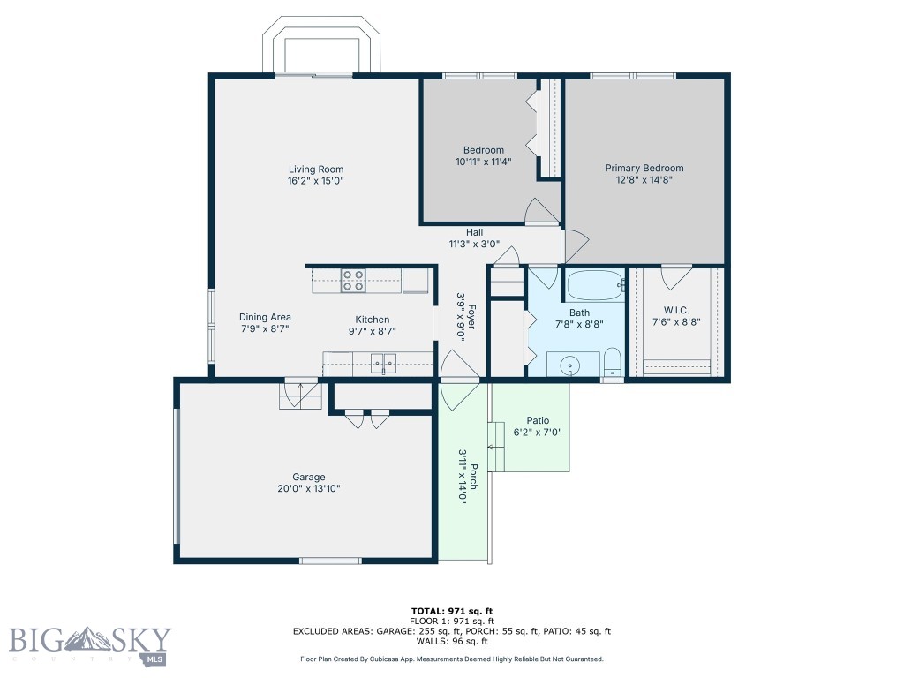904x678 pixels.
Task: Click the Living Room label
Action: click(316, 169)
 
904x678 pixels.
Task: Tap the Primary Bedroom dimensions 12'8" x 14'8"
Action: click(644, 180)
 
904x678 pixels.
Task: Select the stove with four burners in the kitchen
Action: click(353, 281)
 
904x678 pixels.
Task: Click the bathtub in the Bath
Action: click(596, 285)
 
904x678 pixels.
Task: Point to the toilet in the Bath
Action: click(612, 363)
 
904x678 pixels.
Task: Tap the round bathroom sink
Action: click(570, 365)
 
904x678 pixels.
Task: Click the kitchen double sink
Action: click(383, 363)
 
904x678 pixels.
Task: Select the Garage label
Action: click(308, 478)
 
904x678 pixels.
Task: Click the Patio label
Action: click(538, 421)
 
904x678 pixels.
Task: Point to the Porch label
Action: click(473, 476)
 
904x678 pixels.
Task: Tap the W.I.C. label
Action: click(676, 311)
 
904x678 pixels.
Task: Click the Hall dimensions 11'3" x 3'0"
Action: click(474, 245)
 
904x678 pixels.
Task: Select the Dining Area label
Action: click(265, 317)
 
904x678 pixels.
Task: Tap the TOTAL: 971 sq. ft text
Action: click(452, 611)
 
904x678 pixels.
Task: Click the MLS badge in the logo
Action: click(154, 659)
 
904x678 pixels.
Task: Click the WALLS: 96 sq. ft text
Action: click(452, 641)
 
